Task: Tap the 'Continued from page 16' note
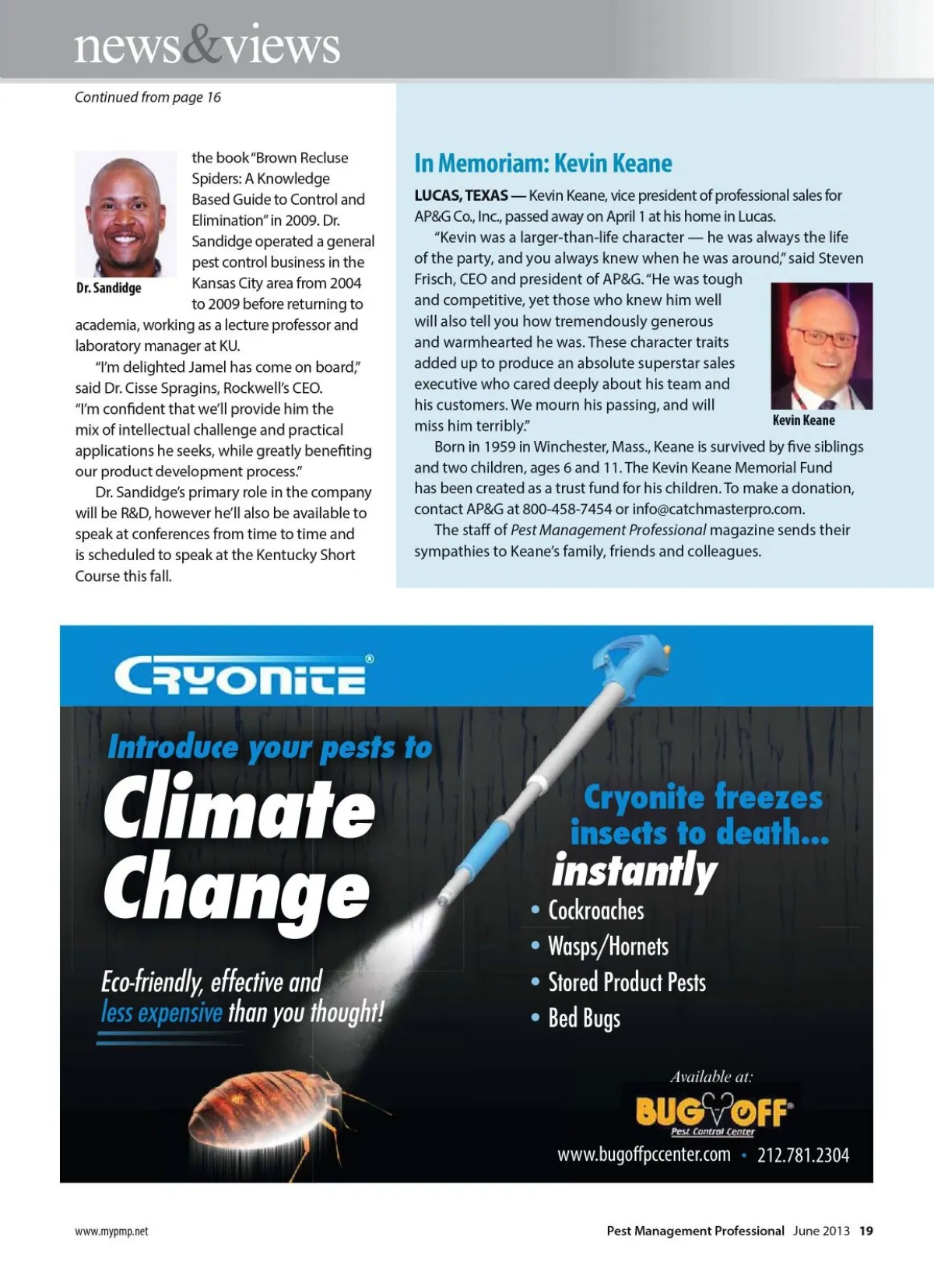click(x=148, y=97)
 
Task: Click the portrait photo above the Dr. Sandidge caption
click(x=125, y=214)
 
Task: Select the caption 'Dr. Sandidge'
click(x=109, y=288)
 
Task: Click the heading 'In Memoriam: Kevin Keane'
click(x=542, y=163)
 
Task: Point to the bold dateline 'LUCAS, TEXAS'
click(x=461, y=195)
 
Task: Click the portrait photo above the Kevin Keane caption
click(x=821, y=345)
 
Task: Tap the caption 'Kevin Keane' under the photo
click(x=803, y=420)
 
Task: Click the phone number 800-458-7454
click(x=567, y=510)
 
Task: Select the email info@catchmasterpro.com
click(x=718, y=510)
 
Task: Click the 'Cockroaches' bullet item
click(x=596, y=910)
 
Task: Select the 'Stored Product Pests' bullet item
click(x=627, y=983)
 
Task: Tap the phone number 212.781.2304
click(x=803, y=1155)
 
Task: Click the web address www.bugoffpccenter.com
click(x=644, y=1155)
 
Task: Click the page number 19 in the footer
click(x=866, y=1231)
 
